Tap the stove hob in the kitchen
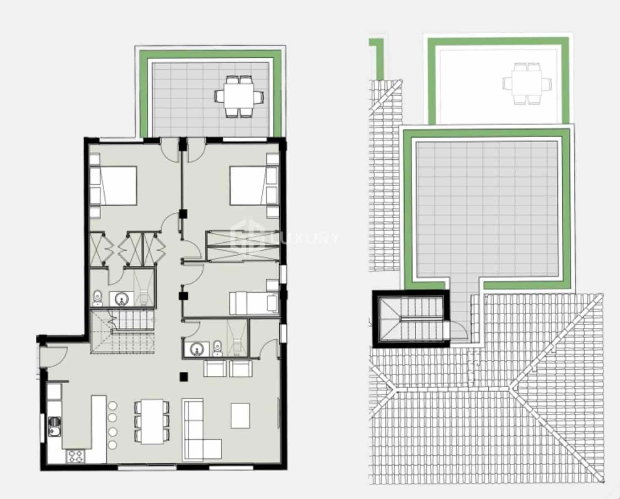coord(75,456)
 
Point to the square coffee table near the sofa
coord(241,415)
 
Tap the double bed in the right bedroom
coord(248,185)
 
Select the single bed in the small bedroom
coord(253,303)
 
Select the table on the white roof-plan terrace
coord(527,84)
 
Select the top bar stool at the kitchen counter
coord(112,406)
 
